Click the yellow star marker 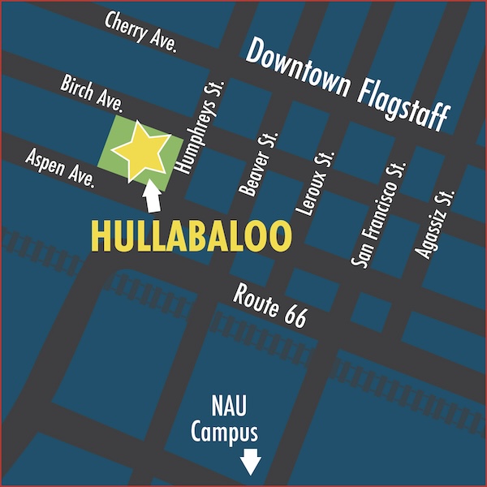tap(140, 149)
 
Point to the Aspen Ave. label tap(61, 169)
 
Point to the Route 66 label tap(269, 306)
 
